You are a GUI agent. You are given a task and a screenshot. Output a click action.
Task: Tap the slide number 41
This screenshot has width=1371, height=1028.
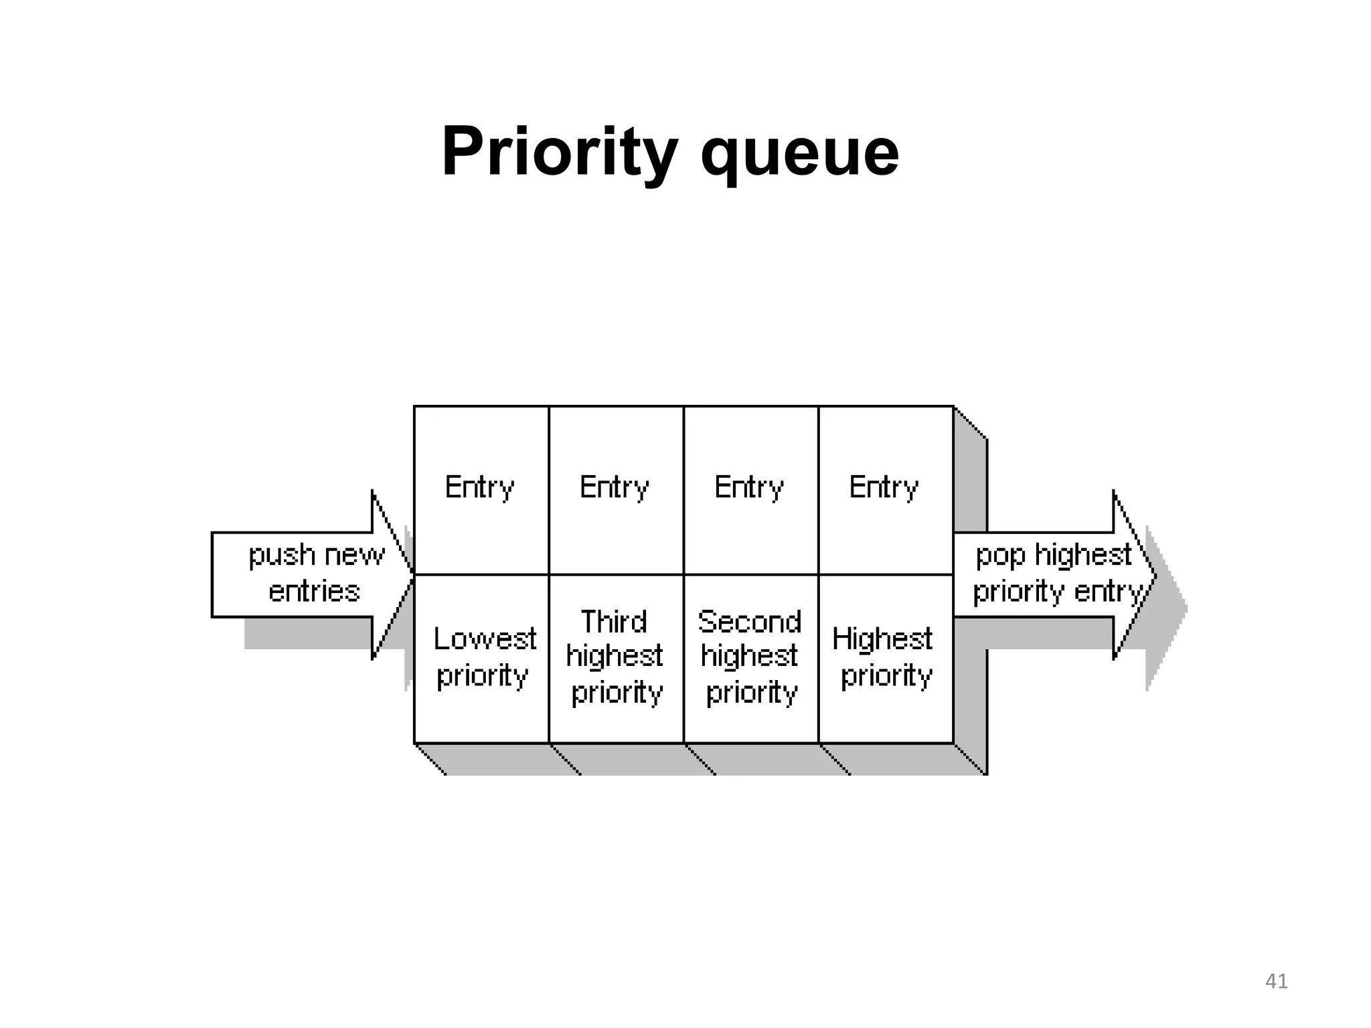1276,981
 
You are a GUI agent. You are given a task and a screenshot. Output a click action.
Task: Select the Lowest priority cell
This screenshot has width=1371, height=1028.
482,658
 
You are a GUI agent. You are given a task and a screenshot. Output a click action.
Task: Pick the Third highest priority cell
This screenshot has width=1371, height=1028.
616,658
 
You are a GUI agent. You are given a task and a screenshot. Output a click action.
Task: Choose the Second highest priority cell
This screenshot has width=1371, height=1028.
750,658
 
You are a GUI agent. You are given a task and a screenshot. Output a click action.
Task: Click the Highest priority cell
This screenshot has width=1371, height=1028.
885,658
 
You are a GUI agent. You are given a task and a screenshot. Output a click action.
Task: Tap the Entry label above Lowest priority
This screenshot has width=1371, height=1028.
479,487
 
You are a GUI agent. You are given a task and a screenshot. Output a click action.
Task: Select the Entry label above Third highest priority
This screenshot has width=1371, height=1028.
614,487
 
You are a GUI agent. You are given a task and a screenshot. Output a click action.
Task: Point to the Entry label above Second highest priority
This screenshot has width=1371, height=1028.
748,487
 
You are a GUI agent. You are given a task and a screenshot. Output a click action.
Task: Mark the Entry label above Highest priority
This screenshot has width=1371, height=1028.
884,487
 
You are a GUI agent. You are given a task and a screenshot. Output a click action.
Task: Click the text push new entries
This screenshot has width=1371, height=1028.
316,574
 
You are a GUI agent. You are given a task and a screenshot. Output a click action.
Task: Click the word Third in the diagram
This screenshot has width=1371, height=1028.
613,622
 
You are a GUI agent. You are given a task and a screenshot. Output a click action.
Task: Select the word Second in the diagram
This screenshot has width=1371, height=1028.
749,622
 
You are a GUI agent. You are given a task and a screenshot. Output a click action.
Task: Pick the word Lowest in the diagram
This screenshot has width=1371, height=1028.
485,638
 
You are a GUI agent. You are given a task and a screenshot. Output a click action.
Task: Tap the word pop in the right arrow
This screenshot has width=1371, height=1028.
1000,555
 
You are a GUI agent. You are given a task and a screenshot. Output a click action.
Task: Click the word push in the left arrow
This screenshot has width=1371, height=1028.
281,555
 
